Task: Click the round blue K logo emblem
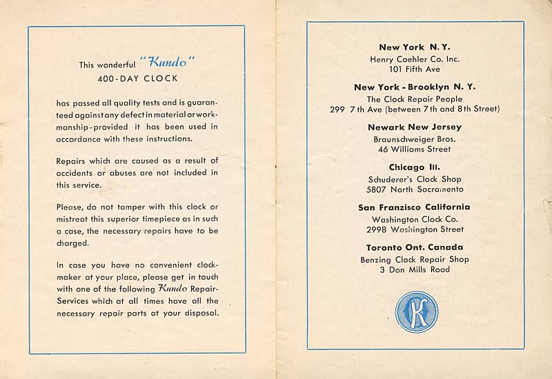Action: pos(416,311)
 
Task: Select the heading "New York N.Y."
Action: pos(415,48)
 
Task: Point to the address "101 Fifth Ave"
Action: pos(414,70)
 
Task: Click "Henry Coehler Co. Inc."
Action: pos(415,59)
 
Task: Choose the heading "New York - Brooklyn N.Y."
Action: pos(415,88)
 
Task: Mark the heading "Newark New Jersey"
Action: pos(415,127)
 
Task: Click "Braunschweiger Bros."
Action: pos(414,139)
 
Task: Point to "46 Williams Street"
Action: pos(415,149)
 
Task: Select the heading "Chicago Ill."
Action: pos(415,167)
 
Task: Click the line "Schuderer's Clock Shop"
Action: pos(414,178)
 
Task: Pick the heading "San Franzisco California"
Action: pos(415,207)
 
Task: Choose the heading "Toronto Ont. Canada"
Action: pos(415,247)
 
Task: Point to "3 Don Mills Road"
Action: pos(415,269)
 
